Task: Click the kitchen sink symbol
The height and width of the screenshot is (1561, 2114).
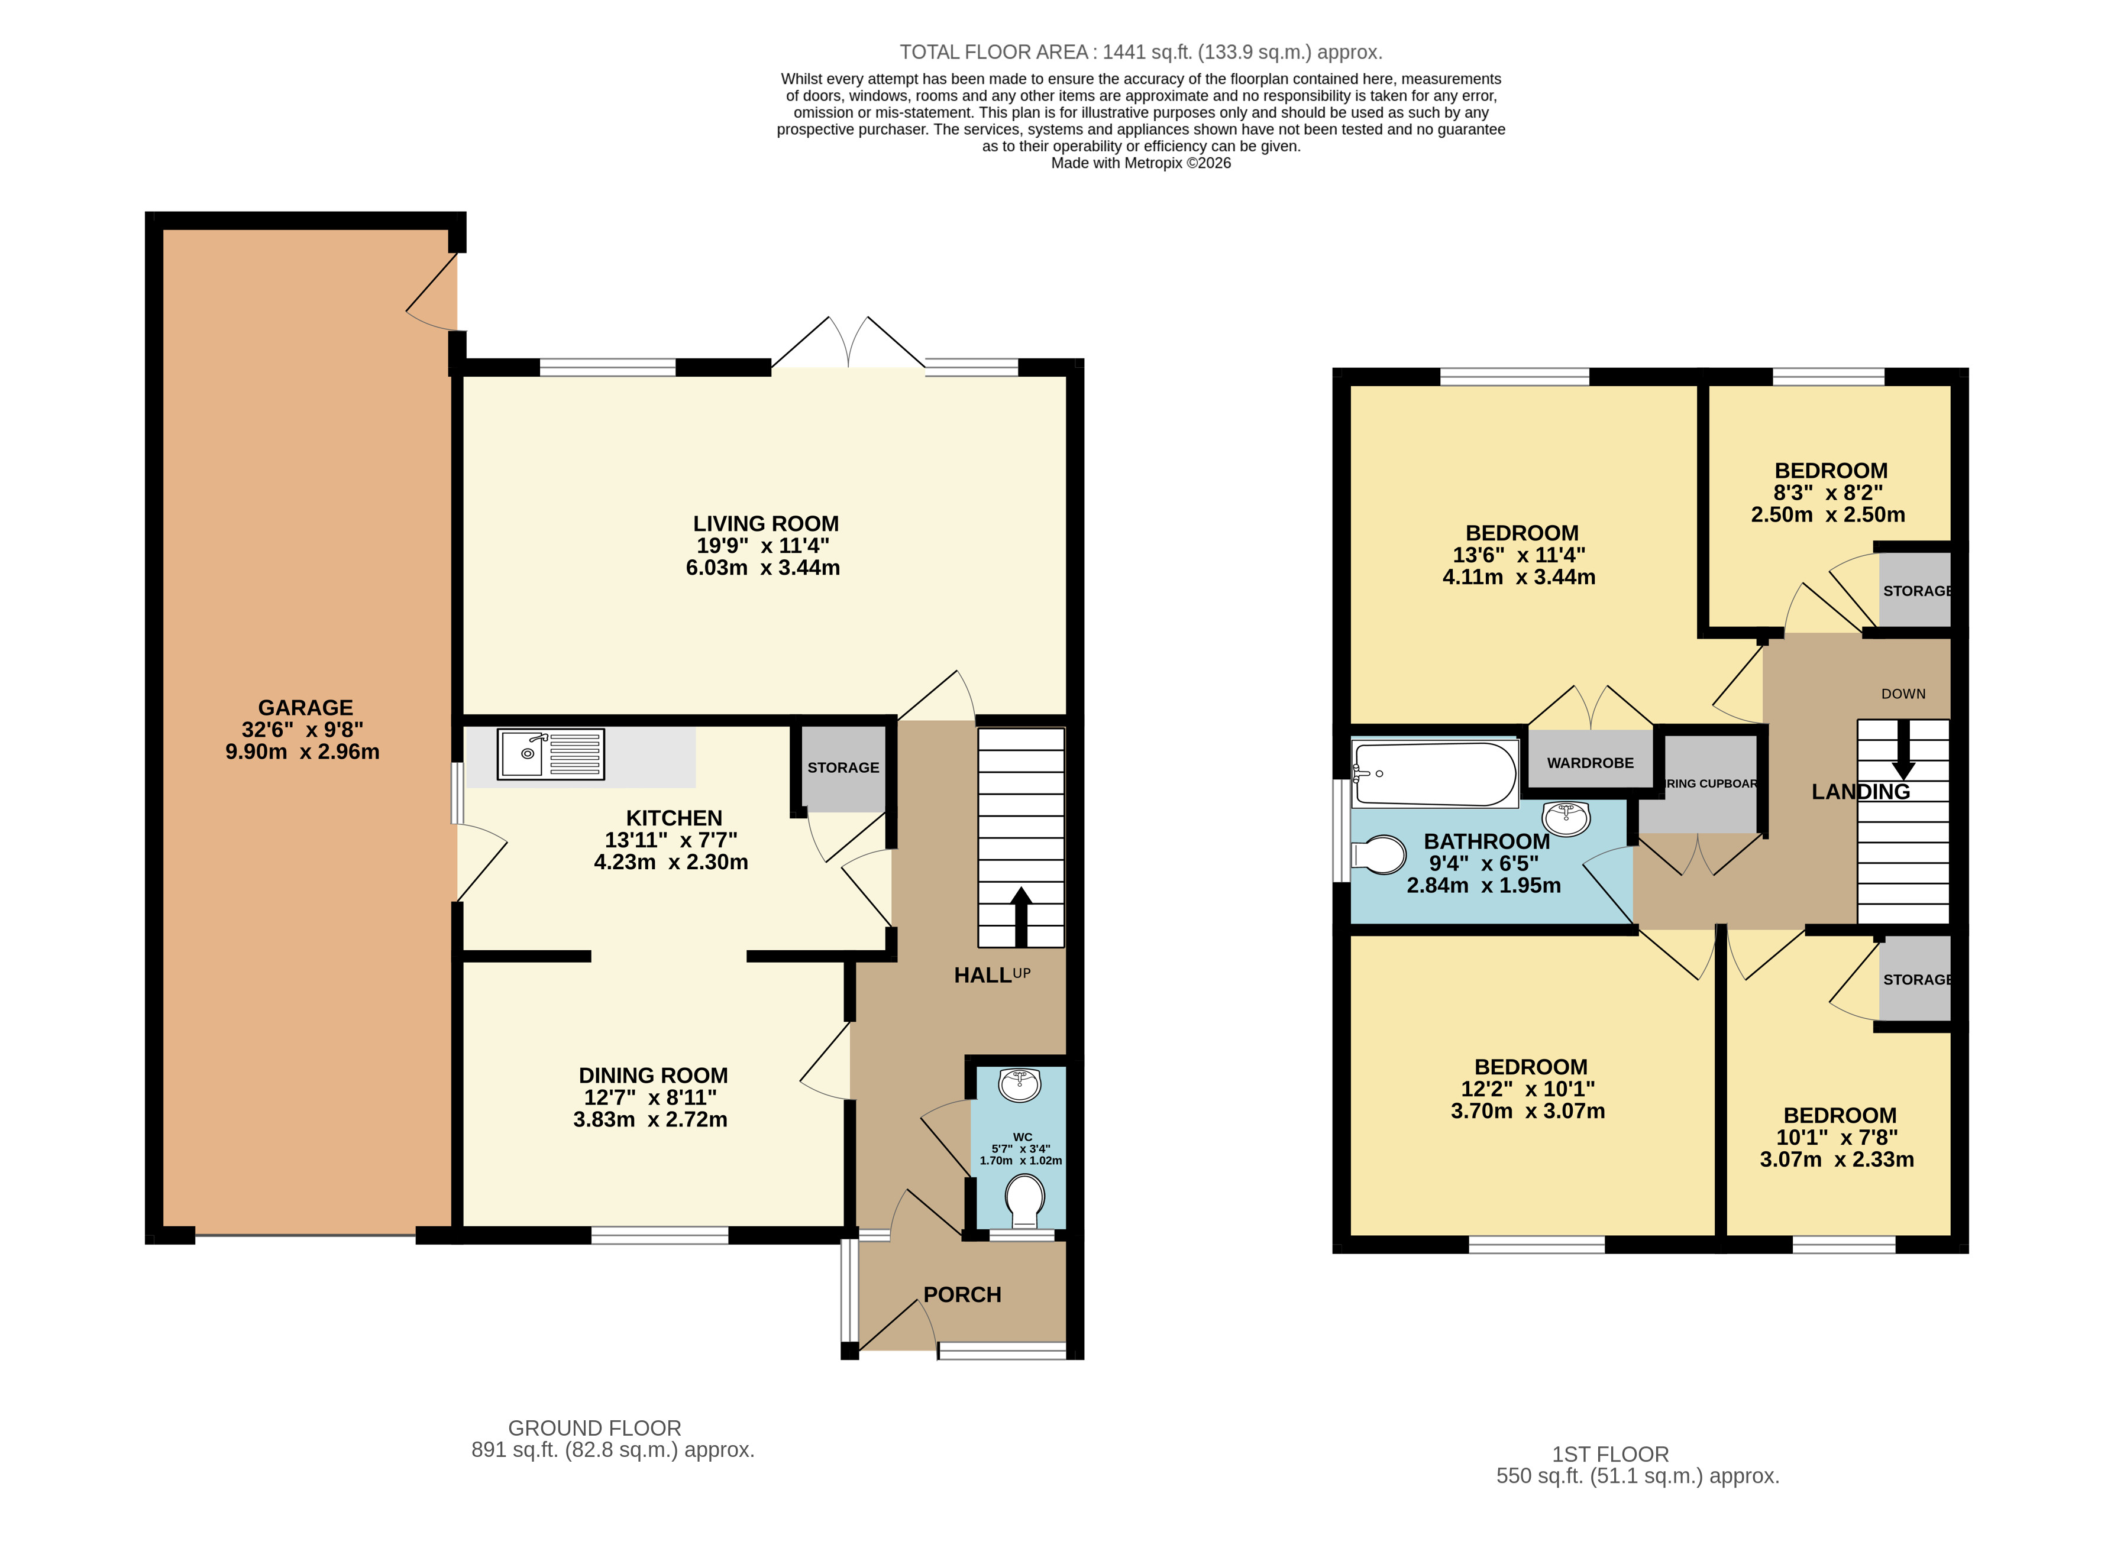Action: pyautogui.click(x=550, y=754)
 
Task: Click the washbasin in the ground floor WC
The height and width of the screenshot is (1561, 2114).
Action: pyautogui.click(x=1020, y=1085)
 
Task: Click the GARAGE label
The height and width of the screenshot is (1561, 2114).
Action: pyautogui.click(x=305, y=708)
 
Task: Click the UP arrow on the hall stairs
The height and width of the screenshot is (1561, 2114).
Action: pyautogui.click(x=1020, y=915)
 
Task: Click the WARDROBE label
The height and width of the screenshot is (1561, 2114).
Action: pyautogui.click(x=1591, y=763)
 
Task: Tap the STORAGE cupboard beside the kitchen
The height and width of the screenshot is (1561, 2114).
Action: pyautogui.click(x=843, y=767)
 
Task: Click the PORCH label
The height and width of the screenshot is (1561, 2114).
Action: pyautogui.click(x=962, y=1294)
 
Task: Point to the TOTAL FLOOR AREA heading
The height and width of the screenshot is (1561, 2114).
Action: pyautogui.click(x=1140, y=52)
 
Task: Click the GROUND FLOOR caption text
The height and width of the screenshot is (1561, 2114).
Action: pyautogui.click(x=594, y=1428)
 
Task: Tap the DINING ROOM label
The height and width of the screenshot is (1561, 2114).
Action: pyautogui.click(x=653, y=1076)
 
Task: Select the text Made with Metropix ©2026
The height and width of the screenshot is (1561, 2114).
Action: pyautogui.click(x=1140, y=163)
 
